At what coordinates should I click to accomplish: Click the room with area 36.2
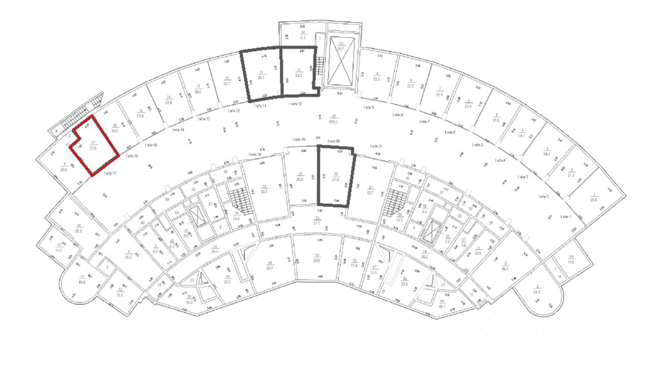coord(505,263)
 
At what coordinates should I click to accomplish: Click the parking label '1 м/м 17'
coord(110,173)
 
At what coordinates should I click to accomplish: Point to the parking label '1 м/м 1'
coord(566,216)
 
